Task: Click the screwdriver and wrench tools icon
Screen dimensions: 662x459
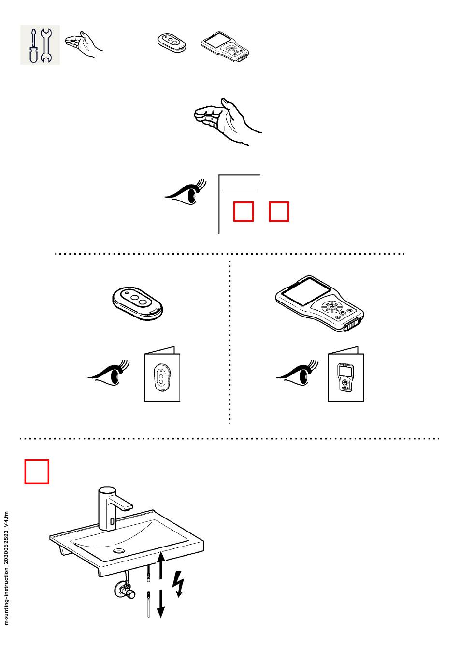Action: point(40,45)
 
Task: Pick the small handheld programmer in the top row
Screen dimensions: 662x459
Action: point(225,47)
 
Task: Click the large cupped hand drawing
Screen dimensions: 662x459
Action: point(226,121)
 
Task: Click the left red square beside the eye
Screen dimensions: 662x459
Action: point(244,212)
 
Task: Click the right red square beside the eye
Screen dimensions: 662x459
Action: point(279,212)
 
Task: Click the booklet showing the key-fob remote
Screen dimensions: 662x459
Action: point(162,374)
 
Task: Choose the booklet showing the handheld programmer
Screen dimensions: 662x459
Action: point(345,374)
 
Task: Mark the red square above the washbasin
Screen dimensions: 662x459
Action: point(37,471)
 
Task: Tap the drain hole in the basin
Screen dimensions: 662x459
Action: point(119,550)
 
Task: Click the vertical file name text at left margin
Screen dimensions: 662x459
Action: point(6,568)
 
